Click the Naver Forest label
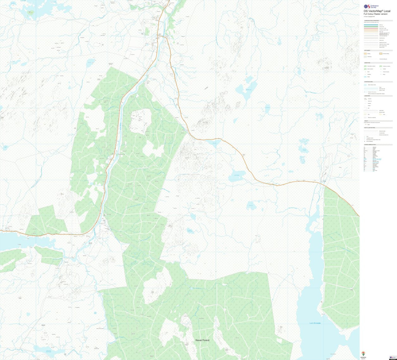[x=202, y=340]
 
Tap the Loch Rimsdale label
[x=315, y=323]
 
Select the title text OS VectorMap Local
[x=376, y=11]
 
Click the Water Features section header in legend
[x=369, y=82]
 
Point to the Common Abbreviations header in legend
[x=370, y=145]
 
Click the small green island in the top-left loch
[x=31, y=13]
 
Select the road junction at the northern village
[x=164, y=36]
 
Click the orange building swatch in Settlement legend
[x=366, y=53]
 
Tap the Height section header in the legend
[x=366, y=121]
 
